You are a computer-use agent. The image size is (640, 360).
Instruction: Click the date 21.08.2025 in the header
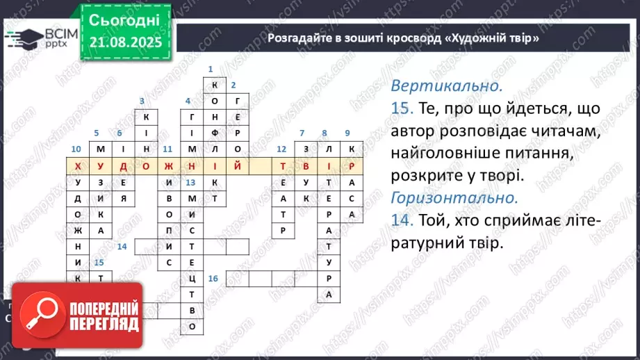[125, 43]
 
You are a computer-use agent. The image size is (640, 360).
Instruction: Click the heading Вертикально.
[446, 86]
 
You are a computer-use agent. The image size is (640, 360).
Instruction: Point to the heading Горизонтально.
[454, 197]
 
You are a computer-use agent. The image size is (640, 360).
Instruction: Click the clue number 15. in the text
[402, 109]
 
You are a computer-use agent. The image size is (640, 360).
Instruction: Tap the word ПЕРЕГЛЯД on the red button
[104, 325]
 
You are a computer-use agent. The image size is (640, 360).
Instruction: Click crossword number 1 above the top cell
[210, 69]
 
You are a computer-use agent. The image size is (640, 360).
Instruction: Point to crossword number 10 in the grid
[76, 149]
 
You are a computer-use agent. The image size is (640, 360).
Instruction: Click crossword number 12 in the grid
[281, 149]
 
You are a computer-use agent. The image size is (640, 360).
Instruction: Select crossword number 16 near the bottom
[213, 279]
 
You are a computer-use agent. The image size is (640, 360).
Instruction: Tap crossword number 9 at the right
[347, 133]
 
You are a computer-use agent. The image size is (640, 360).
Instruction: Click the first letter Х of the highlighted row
[77, 166]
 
